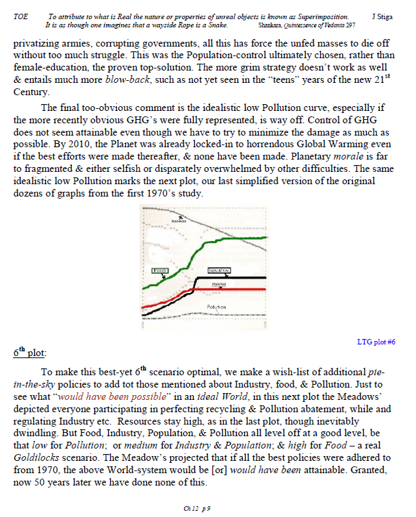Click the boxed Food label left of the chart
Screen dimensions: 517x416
(x=159, y=272)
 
